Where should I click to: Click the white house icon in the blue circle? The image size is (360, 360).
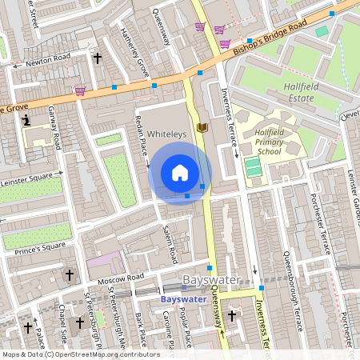[180, 173]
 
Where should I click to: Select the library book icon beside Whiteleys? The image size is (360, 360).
[202, 128]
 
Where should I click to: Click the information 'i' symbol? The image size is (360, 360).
[27, 120]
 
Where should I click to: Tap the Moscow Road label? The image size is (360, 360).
[121, 278]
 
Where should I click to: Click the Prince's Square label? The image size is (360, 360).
[39, 248]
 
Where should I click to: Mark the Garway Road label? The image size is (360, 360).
[56, 128]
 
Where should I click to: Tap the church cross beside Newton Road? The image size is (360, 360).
[98, 58]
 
